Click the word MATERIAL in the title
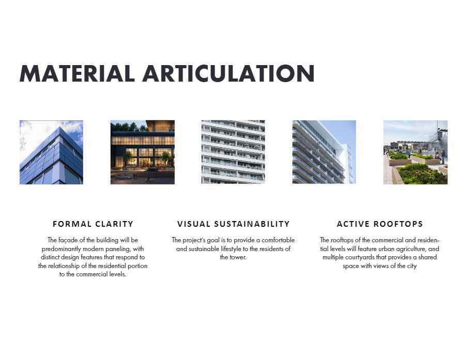(77, 73)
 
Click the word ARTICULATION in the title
(228, 73)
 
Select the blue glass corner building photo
(52, 152)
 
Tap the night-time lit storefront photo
(143, 152)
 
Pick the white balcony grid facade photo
(233, 152)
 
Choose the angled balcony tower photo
(324, 152)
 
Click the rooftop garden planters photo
(415, 152)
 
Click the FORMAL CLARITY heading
(93, 224)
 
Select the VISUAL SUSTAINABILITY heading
(234, 224)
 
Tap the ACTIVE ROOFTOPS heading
(380, 224)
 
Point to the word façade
(67, 240)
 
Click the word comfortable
(278, 240)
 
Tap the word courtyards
(360, 258)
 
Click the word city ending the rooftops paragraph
(412, 266)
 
